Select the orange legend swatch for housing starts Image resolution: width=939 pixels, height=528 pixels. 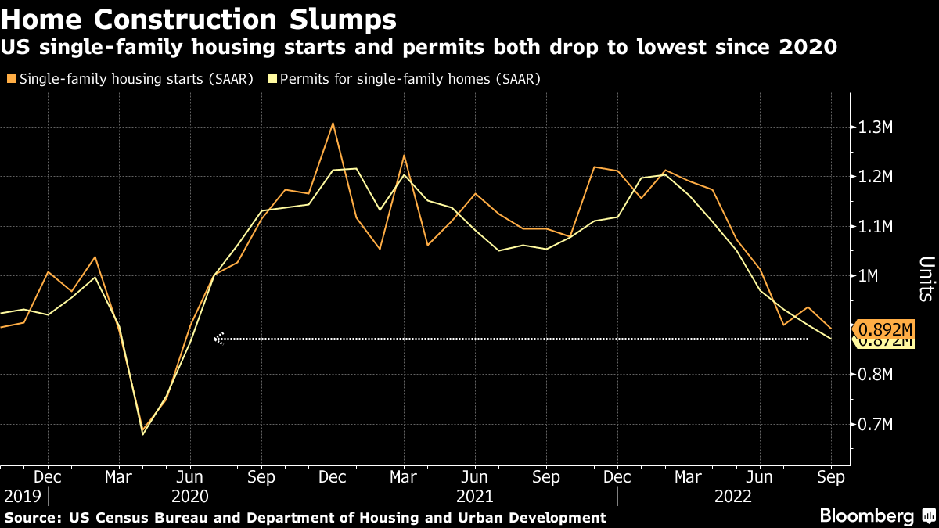10,79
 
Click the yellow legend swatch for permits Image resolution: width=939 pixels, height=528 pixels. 272,79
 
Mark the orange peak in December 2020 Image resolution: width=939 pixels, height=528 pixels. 333,123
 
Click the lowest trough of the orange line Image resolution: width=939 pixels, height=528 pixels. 143,434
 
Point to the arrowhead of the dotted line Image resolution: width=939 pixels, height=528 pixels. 219,339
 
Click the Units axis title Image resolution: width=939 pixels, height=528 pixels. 925,278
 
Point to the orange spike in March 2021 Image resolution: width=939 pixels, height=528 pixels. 404,155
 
